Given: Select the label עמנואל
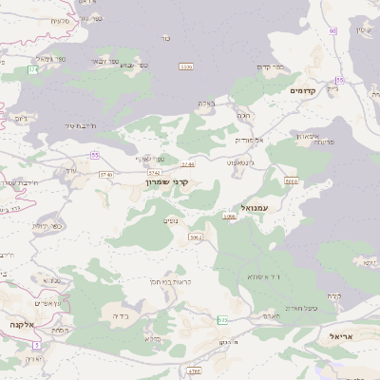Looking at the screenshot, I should (257, 206).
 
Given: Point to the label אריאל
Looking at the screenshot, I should (341, 336).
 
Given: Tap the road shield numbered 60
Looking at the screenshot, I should (333, 30).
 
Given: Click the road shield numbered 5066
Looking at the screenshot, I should (292, 180).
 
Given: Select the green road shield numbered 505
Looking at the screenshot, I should (221, 319).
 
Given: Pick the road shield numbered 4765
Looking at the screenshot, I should (195, 370).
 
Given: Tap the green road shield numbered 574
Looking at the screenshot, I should (33, 70).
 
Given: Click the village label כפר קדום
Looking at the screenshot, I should (272, 66).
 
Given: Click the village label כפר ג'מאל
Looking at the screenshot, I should (52, 60).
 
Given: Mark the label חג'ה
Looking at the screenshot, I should (244, 115).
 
